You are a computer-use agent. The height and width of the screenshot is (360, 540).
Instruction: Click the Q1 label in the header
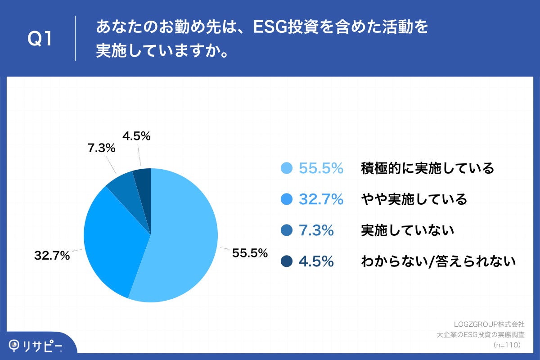coord(40,40)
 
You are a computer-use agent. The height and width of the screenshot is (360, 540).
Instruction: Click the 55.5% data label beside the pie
coord(250,253)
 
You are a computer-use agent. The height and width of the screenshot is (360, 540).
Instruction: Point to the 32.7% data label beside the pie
coord(52,256)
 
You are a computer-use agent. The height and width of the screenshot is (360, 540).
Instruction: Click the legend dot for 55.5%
coord(287,168)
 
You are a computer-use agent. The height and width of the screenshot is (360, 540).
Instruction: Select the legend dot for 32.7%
coord(287,199)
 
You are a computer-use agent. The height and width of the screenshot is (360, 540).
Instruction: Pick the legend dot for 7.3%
coord(287,230)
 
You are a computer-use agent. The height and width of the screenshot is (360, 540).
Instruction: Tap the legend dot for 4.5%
coord(287,261)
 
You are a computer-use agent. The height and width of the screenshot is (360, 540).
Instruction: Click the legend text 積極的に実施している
coord(427,168)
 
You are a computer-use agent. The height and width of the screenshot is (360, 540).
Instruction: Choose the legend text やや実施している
coord(414,199)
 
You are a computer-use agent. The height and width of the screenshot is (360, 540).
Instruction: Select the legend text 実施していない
coord(407,230)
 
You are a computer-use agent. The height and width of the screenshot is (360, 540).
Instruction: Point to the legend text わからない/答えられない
coord(438,261)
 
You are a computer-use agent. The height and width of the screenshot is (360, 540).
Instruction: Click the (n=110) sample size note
coord(507,345)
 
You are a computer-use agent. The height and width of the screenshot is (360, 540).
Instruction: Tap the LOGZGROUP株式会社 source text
coord(490,324)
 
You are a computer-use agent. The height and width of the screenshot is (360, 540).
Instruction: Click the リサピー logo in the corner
coord(36,345)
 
